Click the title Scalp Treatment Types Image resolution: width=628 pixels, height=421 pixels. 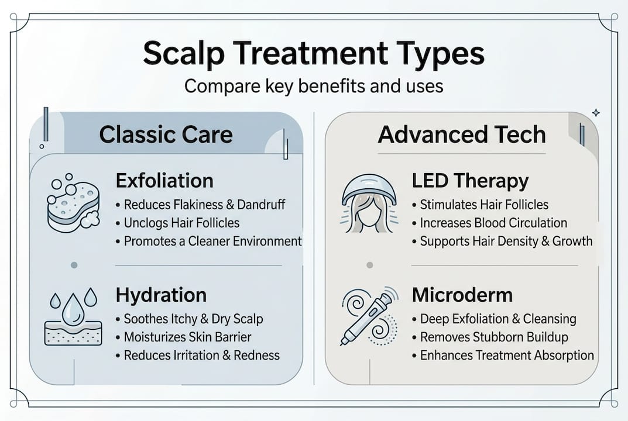coord(314,54)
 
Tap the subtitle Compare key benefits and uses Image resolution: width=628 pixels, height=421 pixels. coord(314,86)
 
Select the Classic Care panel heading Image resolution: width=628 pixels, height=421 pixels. coord(166,134)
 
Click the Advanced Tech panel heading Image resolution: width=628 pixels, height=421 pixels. coord(462,134)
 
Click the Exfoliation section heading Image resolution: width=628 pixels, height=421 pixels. coord(164,181)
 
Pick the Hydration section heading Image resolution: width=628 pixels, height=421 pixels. coord(161,295)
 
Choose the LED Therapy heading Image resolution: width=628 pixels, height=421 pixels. coord(470,181)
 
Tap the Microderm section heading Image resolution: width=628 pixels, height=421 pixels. coord(462,295)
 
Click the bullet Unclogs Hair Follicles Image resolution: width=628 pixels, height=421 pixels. coord(181,223)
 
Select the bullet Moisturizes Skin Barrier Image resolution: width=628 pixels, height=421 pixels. coord(187,337)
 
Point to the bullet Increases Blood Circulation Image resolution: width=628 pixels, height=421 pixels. coord(493,223)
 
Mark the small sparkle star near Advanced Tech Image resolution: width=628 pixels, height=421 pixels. coord(595,112)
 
